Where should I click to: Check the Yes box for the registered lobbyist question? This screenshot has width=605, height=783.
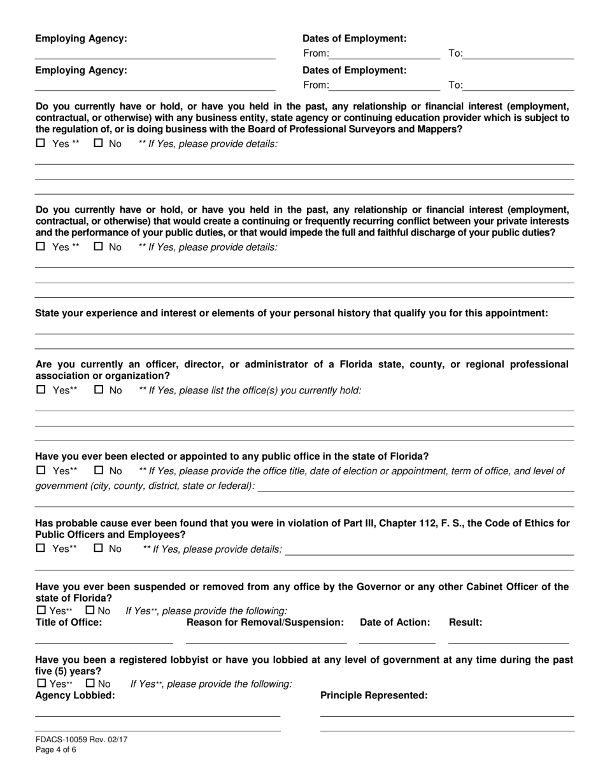coord(41,684)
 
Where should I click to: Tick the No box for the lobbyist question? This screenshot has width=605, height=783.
coord(90,684)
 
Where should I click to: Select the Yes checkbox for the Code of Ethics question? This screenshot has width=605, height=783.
coord(41,548)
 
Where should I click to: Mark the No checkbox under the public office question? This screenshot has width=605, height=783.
coord(99,470)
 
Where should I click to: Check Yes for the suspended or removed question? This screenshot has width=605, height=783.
coord(41,610)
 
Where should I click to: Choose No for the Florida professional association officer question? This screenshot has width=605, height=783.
coord(99,390)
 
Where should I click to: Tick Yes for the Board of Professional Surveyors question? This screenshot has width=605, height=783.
coord(41,143)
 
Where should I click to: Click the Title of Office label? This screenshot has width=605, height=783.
coord(68,622)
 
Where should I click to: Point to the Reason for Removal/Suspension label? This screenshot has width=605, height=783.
coord(265,622)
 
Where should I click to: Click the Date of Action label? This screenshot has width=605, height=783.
coord(395,622)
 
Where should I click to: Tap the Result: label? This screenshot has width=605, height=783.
coord(466,622)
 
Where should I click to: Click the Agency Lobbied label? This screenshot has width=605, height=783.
coord(75,695)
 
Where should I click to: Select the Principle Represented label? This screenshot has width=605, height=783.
coord(374,695)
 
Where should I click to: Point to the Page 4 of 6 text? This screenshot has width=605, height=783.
coord(56,750)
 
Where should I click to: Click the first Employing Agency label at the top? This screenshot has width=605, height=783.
coord(81,39)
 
